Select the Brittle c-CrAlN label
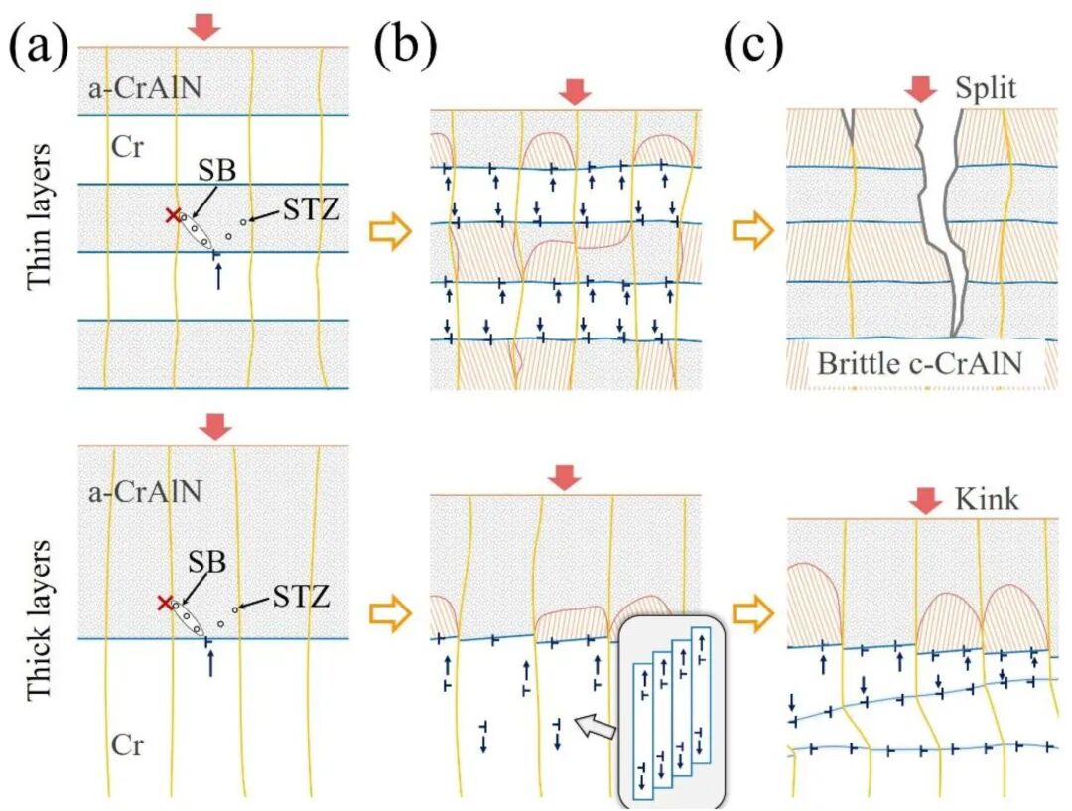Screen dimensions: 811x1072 [918, 363]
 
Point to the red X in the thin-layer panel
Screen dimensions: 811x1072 [173, 215]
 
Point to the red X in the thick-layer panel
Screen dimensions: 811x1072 [164, 603]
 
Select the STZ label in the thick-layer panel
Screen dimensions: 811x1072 [303, 598]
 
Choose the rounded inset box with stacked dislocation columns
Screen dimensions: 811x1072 [674, 710]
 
